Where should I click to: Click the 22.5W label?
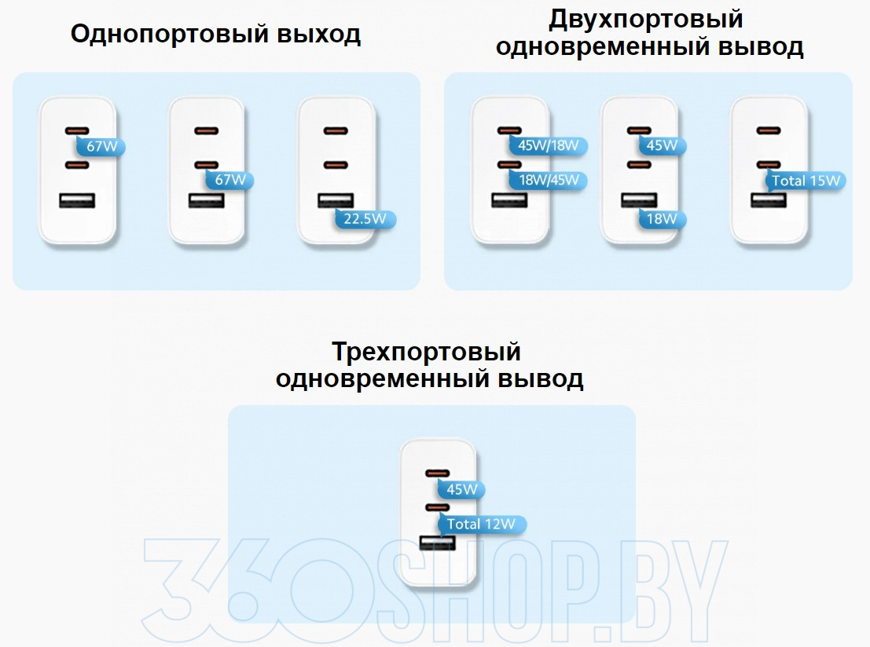(365, 219)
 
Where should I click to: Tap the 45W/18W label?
(549, 146)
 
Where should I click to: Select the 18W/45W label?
(549, 180)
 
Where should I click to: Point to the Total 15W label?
(806, 181)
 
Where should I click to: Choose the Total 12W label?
(481, 524)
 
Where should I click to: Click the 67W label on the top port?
(101, 147)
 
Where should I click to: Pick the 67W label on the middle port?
(229, 180)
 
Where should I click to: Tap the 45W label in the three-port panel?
(461, 489)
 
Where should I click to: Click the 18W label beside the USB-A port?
(662, 219)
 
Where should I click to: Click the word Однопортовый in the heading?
(170, 35)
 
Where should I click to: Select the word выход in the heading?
(319, 35)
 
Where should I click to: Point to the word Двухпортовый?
(646, 19)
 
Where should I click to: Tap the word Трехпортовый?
(426, 352)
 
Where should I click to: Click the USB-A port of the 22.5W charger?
(336, 200)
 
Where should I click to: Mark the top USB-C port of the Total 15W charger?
(769, 131)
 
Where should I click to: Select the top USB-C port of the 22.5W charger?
(336, 131)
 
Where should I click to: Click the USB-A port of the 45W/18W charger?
(509, 200)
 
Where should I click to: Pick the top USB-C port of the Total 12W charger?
(437, 473)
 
